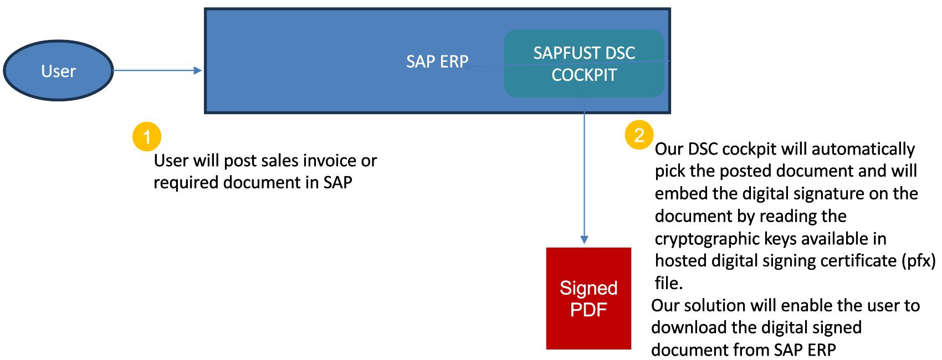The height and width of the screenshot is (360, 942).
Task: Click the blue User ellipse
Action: tap(58, 71)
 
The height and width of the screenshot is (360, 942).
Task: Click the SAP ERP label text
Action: tap(437, 61)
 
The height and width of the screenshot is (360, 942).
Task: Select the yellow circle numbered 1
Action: tap(147, 136)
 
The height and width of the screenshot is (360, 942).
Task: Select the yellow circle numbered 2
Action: tap(639, 135)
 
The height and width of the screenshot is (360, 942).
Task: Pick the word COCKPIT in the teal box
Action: tap(584, 75)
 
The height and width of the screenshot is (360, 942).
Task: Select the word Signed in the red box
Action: tap(588, 288)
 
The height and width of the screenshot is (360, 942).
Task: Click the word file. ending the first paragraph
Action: tap(668, 283)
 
